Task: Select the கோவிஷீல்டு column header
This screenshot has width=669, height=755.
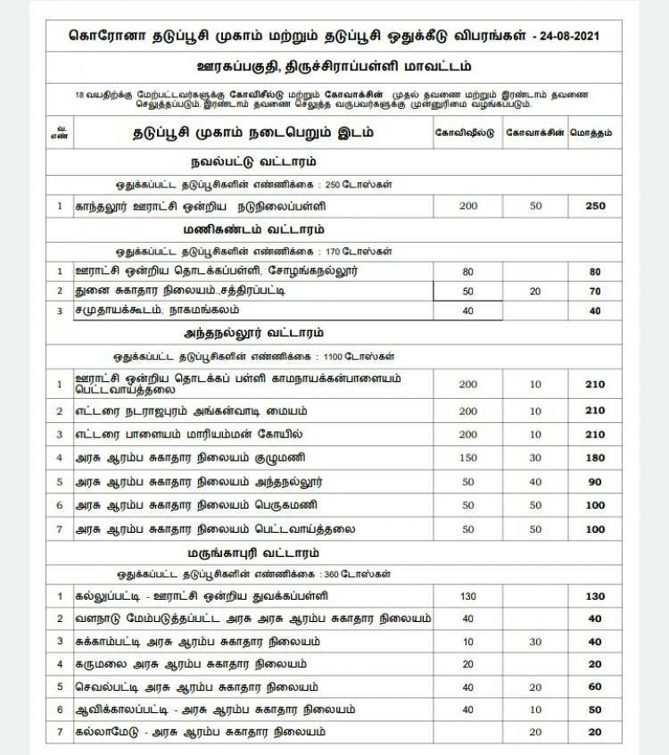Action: (x=466, y=132)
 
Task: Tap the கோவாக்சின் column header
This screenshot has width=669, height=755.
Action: (x=535, y=132)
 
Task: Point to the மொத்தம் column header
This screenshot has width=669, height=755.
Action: (x=594, y=132)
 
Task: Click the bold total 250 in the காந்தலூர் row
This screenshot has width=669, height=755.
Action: (x=594, y=206)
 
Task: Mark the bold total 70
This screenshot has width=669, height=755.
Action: (x=594, y=291)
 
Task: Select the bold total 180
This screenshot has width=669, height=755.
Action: (x=594, y=459)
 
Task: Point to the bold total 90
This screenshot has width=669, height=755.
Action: (x=594, y=482)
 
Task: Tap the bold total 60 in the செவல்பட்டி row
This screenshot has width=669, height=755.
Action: (x=594, y=687)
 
